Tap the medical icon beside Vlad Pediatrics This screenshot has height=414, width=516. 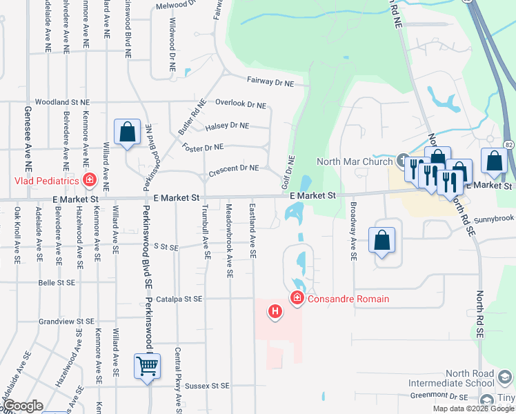[x=89, y=181]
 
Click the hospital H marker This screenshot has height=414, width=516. [x=275, y=313]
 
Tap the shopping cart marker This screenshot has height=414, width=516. [x=147, y=367]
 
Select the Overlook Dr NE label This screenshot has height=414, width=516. [x=240, y=105]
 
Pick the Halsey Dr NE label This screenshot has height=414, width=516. [x=227, y=126]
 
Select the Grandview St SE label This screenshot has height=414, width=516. [x=66, y=322]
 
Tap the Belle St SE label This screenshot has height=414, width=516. [x=57, y=282]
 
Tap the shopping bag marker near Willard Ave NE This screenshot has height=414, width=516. [x=127, y=132]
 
